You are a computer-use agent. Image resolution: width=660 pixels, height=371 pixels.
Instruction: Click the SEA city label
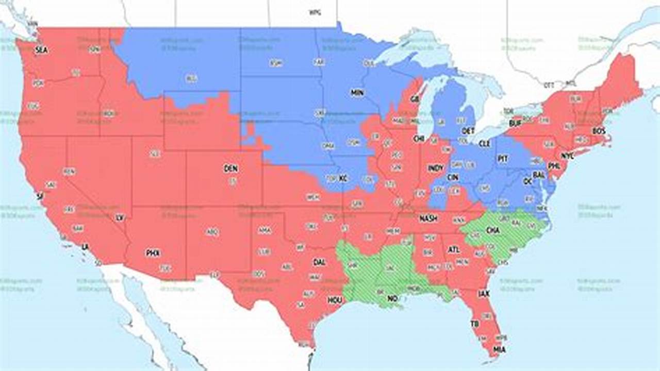41,50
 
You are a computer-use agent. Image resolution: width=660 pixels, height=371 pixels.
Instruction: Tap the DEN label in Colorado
230,168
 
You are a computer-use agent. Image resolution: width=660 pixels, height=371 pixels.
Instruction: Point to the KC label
343,178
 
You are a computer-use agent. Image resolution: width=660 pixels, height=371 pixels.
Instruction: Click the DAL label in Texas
319,262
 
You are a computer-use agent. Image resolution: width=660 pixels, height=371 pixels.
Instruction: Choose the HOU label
335,300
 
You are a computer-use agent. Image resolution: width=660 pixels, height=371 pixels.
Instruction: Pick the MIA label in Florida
499,349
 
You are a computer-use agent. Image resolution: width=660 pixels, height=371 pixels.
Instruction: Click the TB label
474,324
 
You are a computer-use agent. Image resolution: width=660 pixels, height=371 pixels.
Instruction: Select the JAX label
484,294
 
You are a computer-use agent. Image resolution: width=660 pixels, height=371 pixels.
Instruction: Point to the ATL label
453,250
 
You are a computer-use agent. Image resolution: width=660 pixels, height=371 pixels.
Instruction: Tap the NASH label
428,218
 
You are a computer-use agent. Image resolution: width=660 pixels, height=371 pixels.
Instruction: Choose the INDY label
435,168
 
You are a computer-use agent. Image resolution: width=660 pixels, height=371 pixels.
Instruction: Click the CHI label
418,139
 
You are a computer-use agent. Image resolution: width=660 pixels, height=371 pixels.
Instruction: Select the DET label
468,131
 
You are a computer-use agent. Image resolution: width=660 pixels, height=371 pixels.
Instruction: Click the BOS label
599,131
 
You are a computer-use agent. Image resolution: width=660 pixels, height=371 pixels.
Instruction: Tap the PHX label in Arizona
153,252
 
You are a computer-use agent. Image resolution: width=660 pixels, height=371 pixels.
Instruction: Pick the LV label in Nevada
120,217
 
